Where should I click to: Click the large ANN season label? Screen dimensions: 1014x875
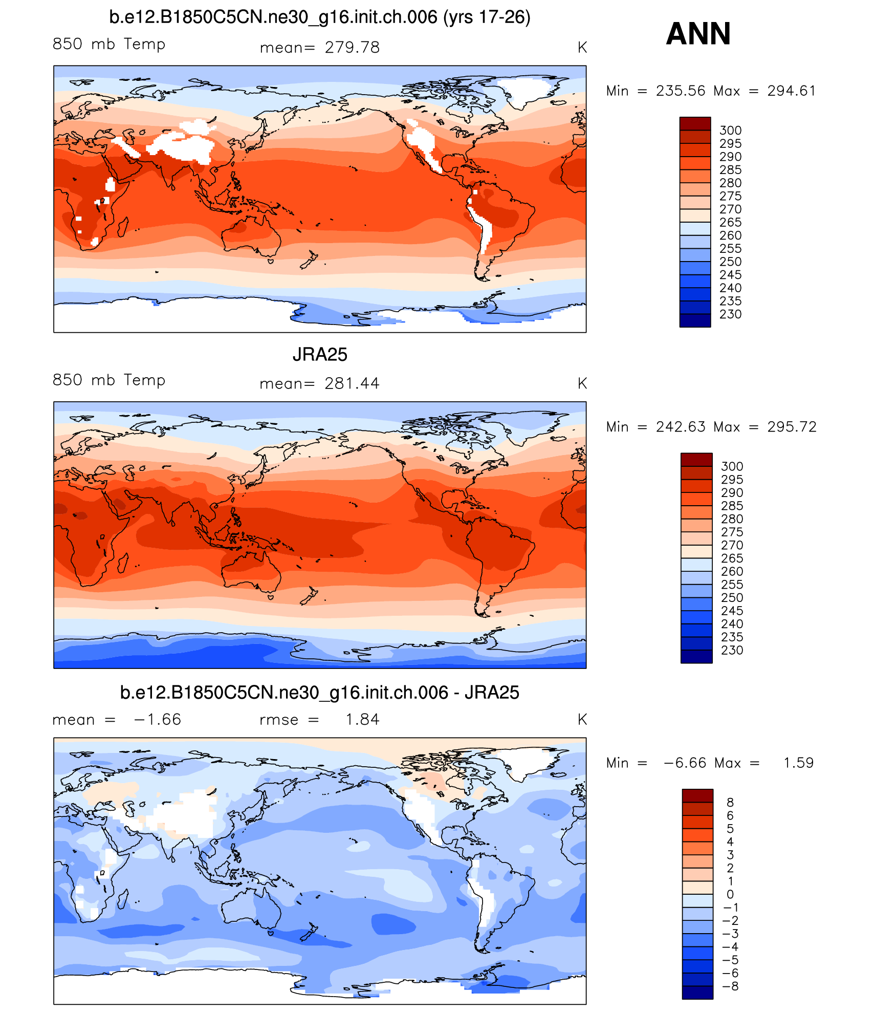pos(698,34)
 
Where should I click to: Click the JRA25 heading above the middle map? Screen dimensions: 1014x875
pos(320,354)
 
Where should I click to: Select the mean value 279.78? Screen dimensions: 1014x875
pos(352,48)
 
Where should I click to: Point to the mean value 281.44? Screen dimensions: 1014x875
pos(352,383)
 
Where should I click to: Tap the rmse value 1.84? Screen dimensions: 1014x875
pos(362,719)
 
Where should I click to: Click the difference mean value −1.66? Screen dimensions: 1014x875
pos(158,719)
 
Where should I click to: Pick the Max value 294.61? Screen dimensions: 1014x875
pos(791,91)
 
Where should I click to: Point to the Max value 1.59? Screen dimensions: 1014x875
pos(798,763)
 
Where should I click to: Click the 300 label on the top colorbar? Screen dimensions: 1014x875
pos(730,131)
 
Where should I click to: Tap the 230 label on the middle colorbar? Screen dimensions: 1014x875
pos(732,650)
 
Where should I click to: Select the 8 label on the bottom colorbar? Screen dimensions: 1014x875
pos(730,802)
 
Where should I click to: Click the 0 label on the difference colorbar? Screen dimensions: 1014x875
pos(730,894)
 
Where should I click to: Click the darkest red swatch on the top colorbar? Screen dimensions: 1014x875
pos(695,123)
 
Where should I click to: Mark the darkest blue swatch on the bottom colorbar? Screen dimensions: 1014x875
pos(697,992)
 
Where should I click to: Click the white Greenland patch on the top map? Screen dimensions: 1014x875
pos(527,90)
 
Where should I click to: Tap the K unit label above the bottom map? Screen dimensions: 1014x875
pos(582,719)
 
